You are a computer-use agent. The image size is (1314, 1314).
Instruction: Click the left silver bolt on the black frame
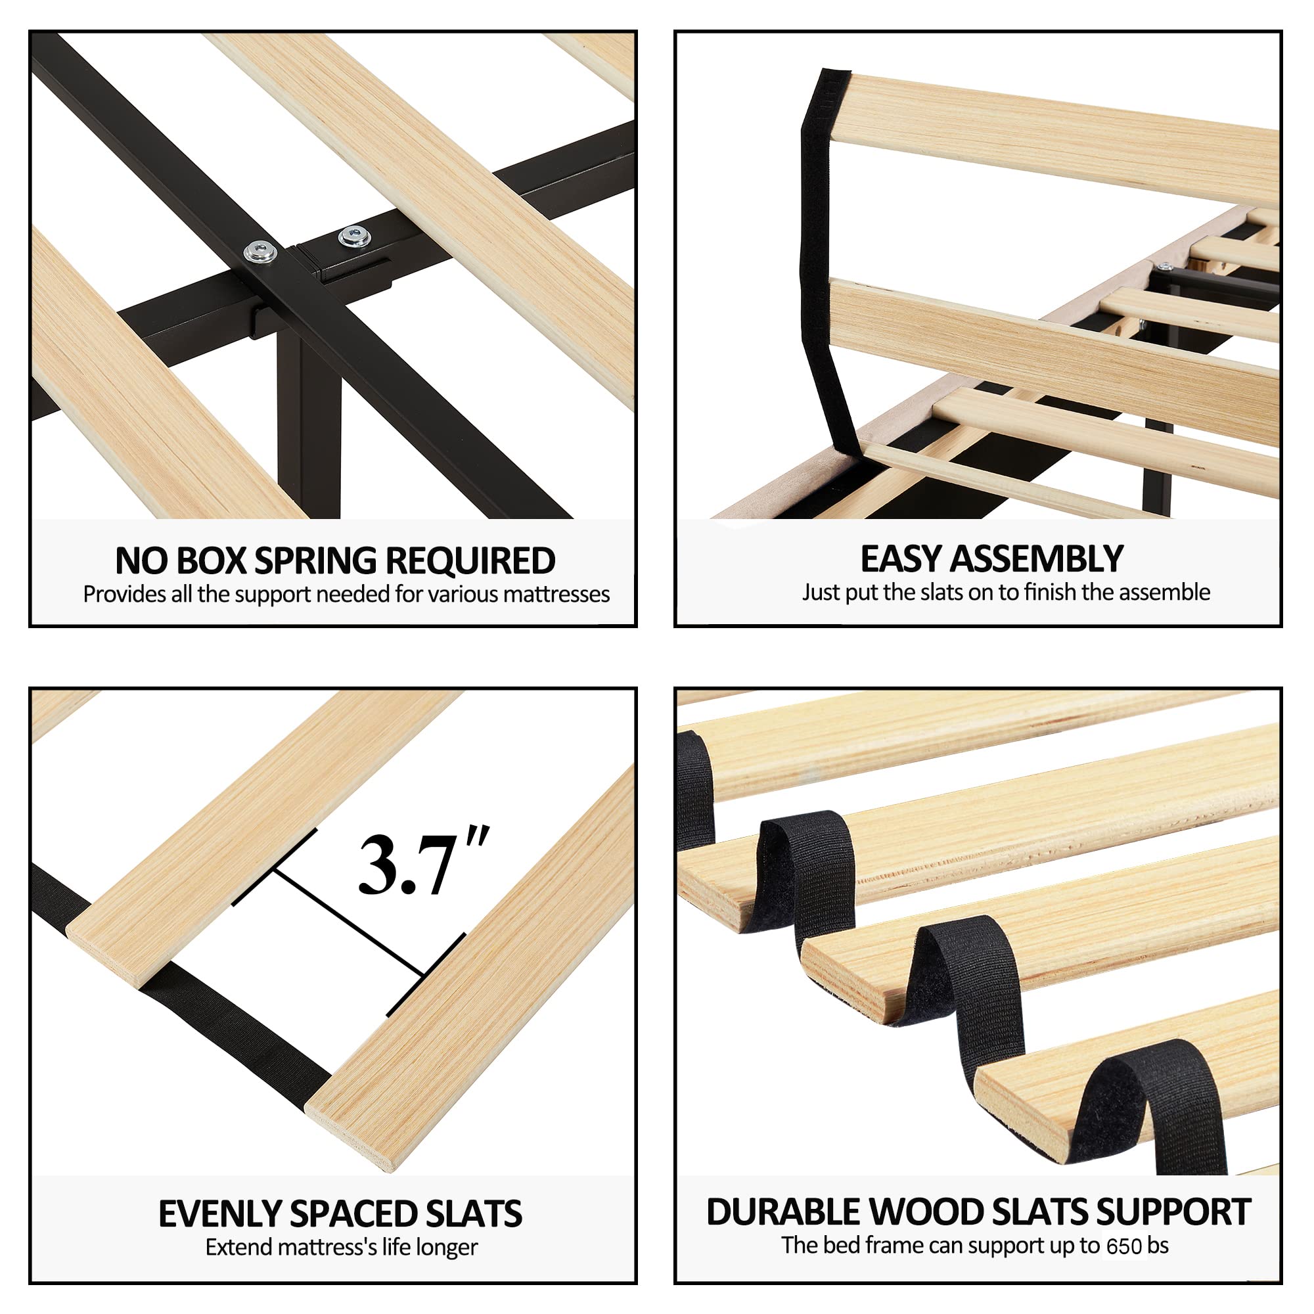(x=260, y=252)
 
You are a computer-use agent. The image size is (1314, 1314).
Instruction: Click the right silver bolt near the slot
(x=353, y=237)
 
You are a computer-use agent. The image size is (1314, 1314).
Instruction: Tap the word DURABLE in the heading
(x=785, y=1212)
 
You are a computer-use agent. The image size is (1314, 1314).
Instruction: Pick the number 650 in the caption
(x=1124, y=1246)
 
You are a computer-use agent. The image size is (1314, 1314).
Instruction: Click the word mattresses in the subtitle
(x=556, y=595)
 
